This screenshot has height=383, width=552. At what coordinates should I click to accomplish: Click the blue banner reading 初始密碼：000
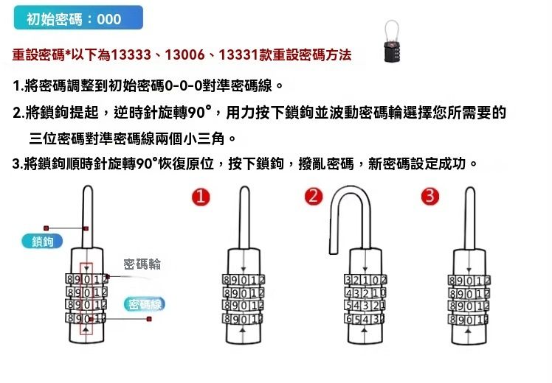[78, 18]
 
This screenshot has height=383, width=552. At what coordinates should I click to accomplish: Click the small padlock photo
[392, 41]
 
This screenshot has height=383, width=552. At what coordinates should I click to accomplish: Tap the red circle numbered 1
[201, 197]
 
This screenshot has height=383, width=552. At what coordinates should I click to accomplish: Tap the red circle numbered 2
[314, 196]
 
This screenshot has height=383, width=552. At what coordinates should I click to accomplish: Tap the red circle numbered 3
[429, 196]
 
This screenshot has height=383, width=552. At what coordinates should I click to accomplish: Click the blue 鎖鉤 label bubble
[42, 242]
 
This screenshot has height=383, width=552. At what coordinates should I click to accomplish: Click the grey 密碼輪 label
[142, 264]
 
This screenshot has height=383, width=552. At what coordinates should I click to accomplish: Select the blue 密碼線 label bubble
[145, 304]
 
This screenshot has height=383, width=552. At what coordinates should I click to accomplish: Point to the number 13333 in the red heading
[131, 55]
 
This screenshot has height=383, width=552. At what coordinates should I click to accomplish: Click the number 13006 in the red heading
[184, 55]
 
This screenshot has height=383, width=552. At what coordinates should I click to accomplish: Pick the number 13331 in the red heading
[238, 55]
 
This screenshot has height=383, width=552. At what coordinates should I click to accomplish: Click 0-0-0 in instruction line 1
[184, 85]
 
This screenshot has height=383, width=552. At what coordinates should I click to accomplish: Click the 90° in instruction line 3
[147, 164]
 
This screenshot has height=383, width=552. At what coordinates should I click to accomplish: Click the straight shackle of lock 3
[469, 218]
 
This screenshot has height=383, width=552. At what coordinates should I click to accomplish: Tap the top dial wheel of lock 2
[365, 280]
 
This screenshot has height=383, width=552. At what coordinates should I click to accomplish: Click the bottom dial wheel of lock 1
[244, 319]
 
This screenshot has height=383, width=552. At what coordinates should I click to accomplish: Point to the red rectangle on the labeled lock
[86, 298]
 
